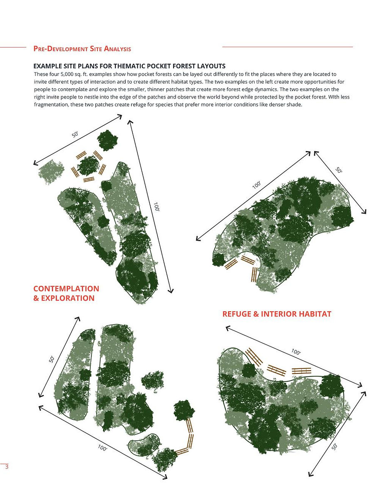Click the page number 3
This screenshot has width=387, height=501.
(x=7, y=467)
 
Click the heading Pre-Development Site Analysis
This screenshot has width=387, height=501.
(x=82, y=49)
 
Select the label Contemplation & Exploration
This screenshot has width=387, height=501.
(x=66, y=293)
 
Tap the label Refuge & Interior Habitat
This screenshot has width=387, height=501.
(x=277, y=314)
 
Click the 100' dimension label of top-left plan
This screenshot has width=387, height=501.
(x=156, y=207)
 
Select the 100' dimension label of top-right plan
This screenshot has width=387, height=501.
(x=256, y=184)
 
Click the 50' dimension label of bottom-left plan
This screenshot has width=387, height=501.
(x=52, y=358)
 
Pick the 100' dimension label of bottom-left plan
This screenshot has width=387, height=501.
(x=102, y=449)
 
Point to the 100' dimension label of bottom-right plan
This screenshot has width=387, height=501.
(x=296, y=352)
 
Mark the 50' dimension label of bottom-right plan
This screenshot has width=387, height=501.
(x=335, y=446)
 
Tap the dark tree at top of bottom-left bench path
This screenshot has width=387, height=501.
(x=184, y=410)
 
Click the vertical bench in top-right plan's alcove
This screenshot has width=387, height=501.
(x=254, y=274)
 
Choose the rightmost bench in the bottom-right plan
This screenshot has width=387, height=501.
(x=302, y=371)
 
